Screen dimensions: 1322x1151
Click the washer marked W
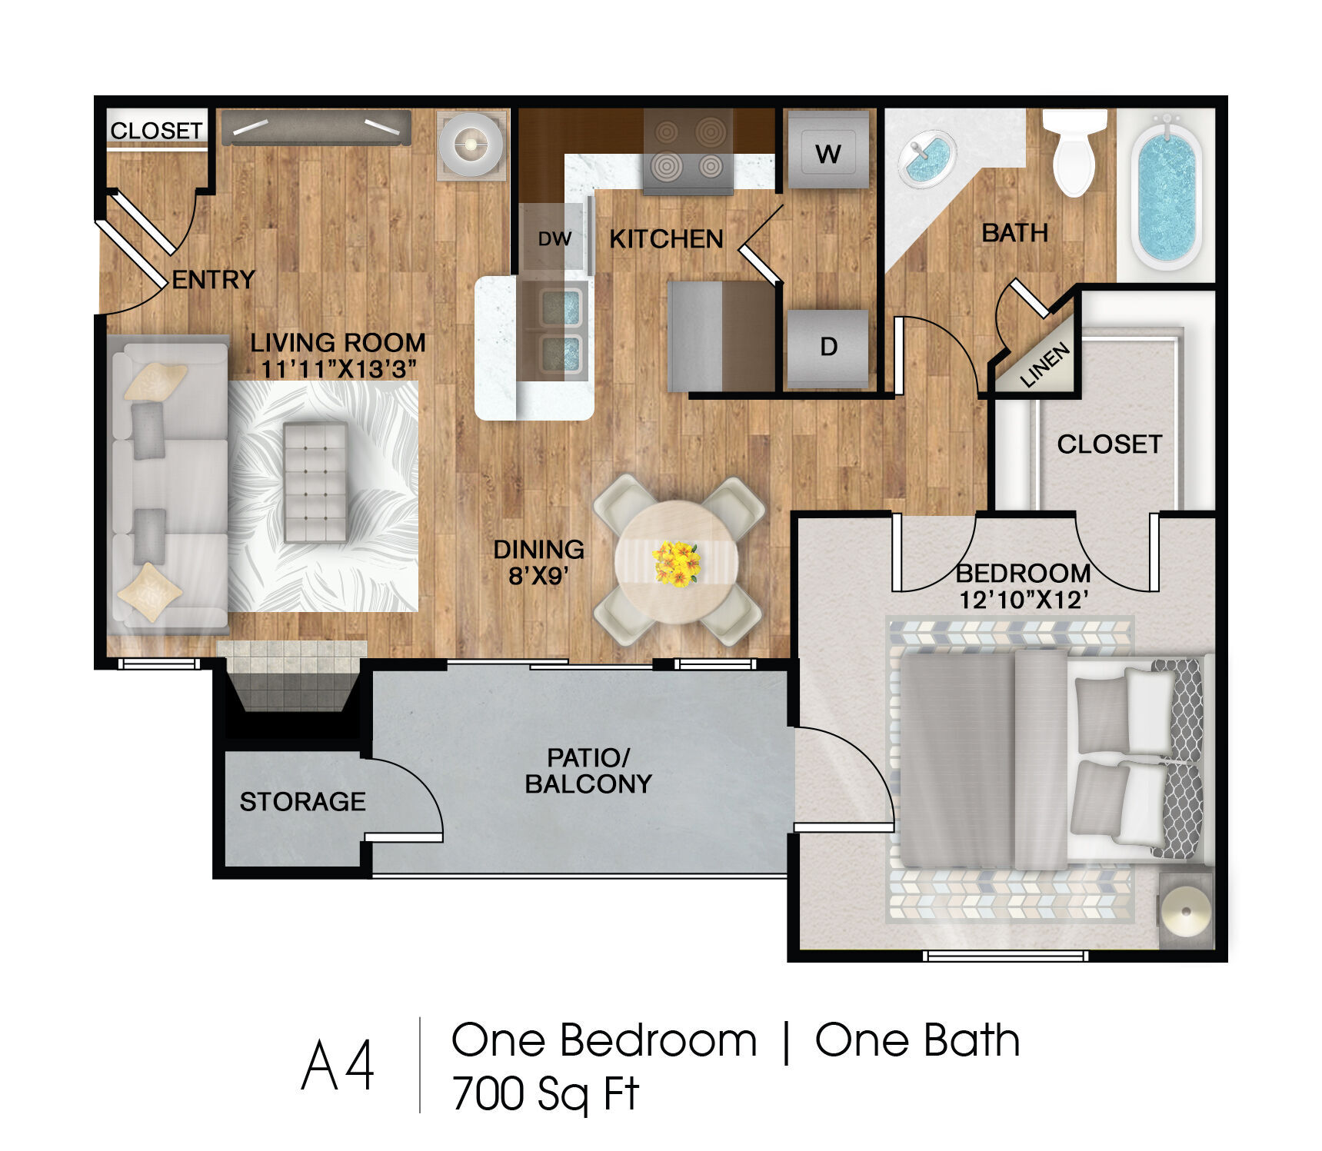point(828,150)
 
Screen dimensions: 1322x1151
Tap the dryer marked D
point(828,348)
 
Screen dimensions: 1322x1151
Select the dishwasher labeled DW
point(554,238)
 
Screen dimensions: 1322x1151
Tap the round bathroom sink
point(927,158)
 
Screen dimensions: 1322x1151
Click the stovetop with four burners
point(688,151)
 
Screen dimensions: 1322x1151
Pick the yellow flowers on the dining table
point(676,564)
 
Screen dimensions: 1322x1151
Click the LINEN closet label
point(1044,364)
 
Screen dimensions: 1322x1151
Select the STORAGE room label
point(302,802)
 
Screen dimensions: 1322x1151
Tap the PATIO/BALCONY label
point(588,770)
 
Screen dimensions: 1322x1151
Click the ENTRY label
point(213,279)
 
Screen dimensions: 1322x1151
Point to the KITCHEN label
point(666,239)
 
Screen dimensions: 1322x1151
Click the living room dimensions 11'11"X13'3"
point(338,369)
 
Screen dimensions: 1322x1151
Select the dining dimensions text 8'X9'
point(538,575)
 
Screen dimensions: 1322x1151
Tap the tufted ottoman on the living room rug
point(315,482)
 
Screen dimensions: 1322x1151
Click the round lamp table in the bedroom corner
point(1185,911)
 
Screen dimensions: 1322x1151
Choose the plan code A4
point(338,1065)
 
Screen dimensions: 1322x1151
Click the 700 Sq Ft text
point(545,1094)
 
